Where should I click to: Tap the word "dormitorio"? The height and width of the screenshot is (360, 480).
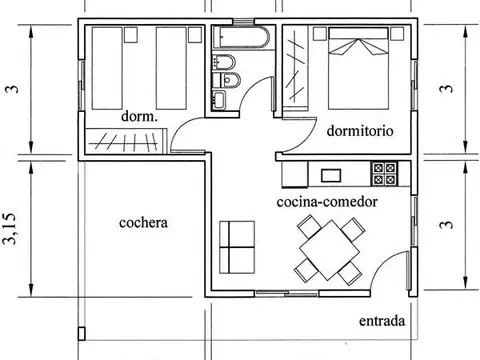360,130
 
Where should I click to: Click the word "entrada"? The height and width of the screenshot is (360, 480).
382,322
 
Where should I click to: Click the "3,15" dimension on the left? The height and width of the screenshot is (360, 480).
12,228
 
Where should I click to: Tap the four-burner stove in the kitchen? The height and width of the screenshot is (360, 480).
384,174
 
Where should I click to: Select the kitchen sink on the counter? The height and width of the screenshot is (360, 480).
331,175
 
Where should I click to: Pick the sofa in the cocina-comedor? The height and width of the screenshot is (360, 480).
236,245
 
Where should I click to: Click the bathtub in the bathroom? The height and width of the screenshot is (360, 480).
240,41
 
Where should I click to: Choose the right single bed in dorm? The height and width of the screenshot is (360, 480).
172,67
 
